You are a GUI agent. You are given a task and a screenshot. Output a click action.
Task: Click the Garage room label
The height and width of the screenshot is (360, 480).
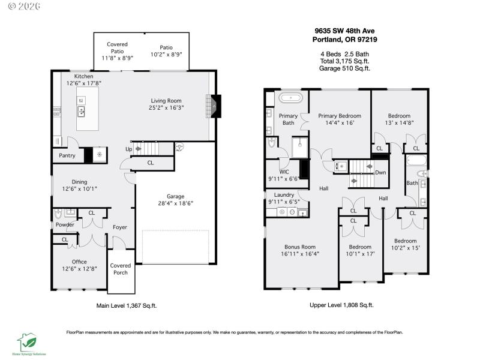175,196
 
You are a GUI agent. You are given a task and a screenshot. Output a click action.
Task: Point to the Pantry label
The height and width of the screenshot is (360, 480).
67,155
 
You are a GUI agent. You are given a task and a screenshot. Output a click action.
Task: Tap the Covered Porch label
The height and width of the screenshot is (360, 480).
121,269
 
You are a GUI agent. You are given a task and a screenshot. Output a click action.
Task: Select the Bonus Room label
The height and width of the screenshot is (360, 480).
299,247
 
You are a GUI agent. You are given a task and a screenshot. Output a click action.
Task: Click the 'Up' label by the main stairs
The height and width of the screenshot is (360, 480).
129,149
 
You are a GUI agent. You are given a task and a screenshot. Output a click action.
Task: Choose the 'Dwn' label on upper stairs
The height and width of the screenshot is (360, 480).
380,172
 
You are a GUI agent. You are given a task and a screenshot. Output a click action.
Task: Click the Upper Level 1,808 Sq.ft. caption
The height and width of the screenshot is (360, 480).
341,305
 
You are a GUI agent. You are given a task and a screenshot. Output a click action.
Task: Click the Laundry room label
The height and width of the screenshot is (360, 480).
284,195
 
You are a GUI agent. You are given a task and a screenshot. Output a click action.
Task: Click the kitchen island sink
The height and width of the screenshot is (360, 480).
80,112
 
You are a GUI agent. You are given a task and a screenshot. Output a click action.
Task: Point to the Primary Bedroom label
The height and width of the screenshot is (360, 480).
340,116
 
